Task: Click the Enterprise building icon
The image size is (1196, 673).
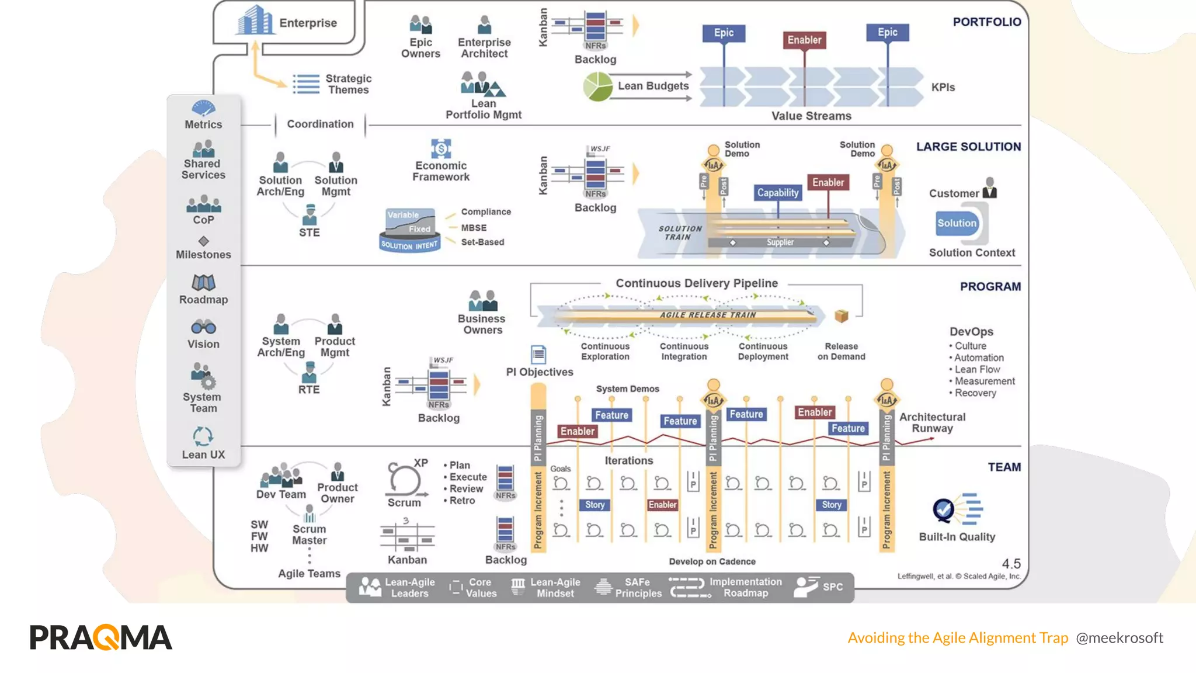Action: (255, 20)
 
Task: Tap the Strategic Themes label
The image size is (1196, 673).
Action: (348, 84)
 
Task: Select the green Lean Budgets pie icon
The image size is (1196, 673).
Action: (597, 86)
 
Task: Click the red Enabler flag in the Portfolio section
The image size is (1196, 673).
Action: (804, 40)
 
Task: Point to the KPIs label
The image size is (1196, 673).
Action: (943, 88)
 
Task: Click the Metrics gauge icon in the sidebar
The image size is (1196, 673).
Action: (203, 108)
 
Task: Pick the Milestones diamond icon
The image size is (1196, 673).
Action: (203, 241)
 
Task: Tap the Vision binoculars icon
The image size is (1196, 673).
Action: (203, 327)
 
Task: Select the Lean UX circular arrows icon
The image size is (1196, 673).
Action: (203, 436)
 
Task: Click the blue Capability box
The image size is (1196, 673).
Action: (777, 193)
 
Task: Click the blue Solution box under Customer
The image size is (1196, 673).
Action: (957, 223)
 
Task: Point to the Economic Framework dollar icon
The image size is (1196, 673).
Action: (441, 148)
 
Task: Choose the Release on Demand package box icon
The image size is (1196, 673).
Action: (841, 316)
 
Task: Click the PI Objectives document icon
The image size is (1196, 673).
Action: (538, 354)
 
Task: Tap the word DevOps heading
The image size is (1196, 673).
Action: (971, 332)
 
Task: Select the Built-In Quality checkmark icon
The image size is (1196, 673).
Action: (944, 510)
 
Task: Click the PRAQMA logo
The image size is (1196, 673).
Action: (101, 637)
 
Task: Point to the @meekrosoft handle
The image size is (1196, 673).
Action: (1119, 638)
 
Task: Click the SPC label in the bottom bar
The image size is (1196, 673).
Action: (832, 587)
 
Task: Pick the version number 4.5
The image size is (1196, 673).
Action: (1011, 564)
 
